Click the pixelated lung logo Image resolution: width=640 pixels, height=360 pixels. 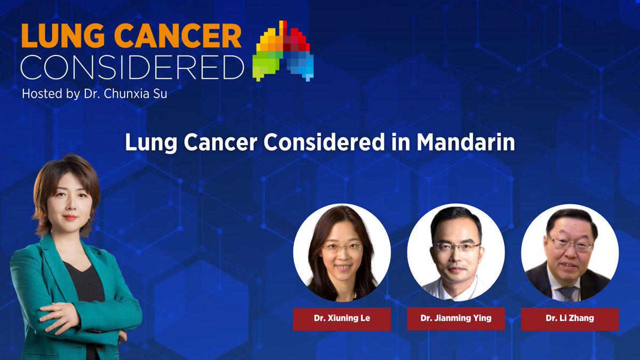284,51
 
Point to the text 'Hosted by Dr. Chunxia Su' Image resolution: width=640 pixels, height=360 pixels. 94,94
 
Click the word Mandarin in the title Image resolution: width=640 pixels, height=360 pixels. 466,143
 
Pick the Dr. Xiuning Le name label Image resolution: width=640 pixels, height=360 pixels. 342,319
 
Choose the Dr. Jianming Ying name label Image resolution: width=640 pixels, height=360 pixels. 455,319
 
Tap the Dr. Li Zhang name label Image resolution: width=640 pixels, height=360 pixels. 570,319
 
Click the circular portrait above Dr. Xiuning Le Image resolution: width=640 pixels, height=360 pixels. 342,253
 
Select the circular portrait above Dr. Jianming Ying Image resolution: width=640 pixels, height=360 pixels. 455,253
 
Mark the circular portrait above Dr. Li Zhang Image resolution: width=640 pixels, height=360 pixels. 570,253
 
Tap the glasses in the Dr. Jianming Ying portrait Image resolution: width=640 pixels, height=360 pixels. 457,247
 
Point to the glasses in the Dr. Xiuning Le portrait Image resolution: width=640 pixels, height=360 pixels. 342,248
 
